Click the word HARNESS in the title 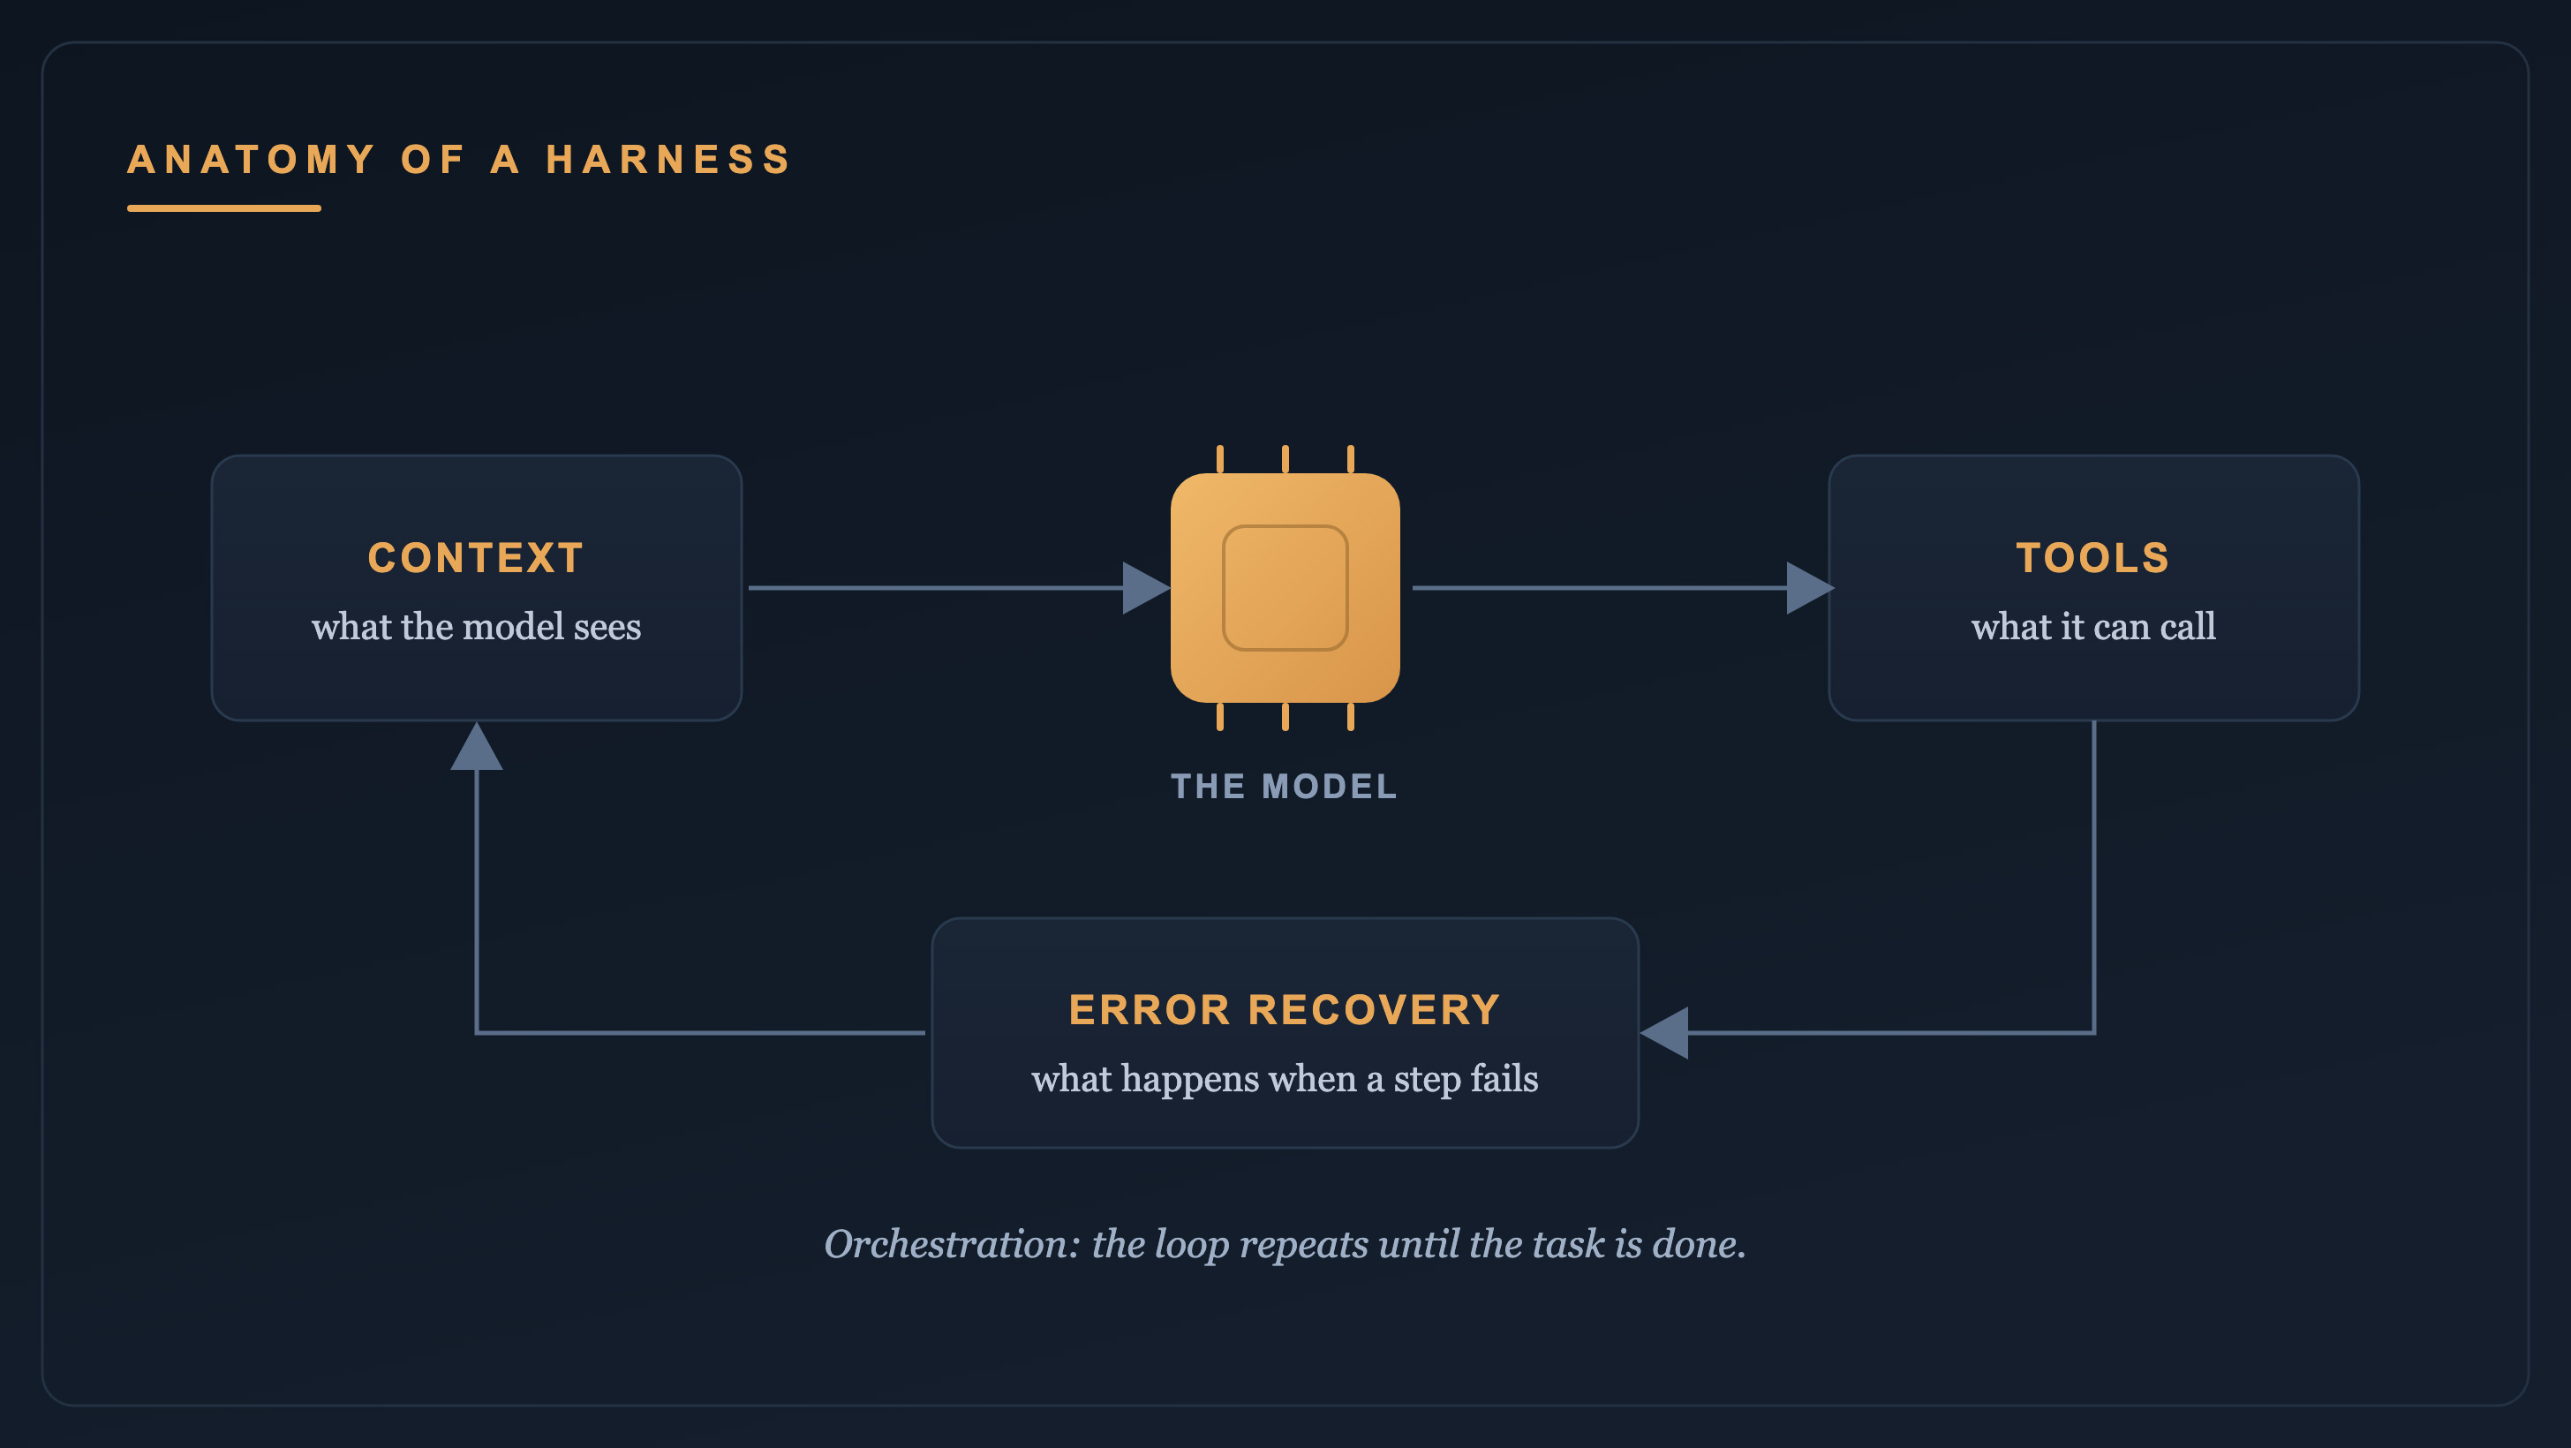tap(668, 160)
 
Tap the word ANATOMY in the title tap(252, 160)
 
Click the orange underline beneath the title tap(223, 208)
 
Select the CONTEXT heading tap(476, 558)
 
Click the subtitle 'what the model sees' tap(476, 627)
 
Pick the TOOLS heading tap(2093, 558)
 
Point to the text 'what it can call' tap(2093, 627)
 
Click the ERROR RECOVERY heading tap(1285, 1010)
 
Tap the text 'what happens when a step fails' tap(1285, 1079)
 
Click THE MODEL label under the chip tap(1285, 787)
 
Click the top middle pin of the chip tap(1285, 459)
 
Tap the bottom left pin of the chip tap(1219, 717)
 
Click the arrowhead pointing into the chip tap(1146, 588)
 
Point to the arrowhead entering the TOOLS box tap(1809, 588)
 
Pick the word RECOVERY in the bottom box tap(1375, 1010)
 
